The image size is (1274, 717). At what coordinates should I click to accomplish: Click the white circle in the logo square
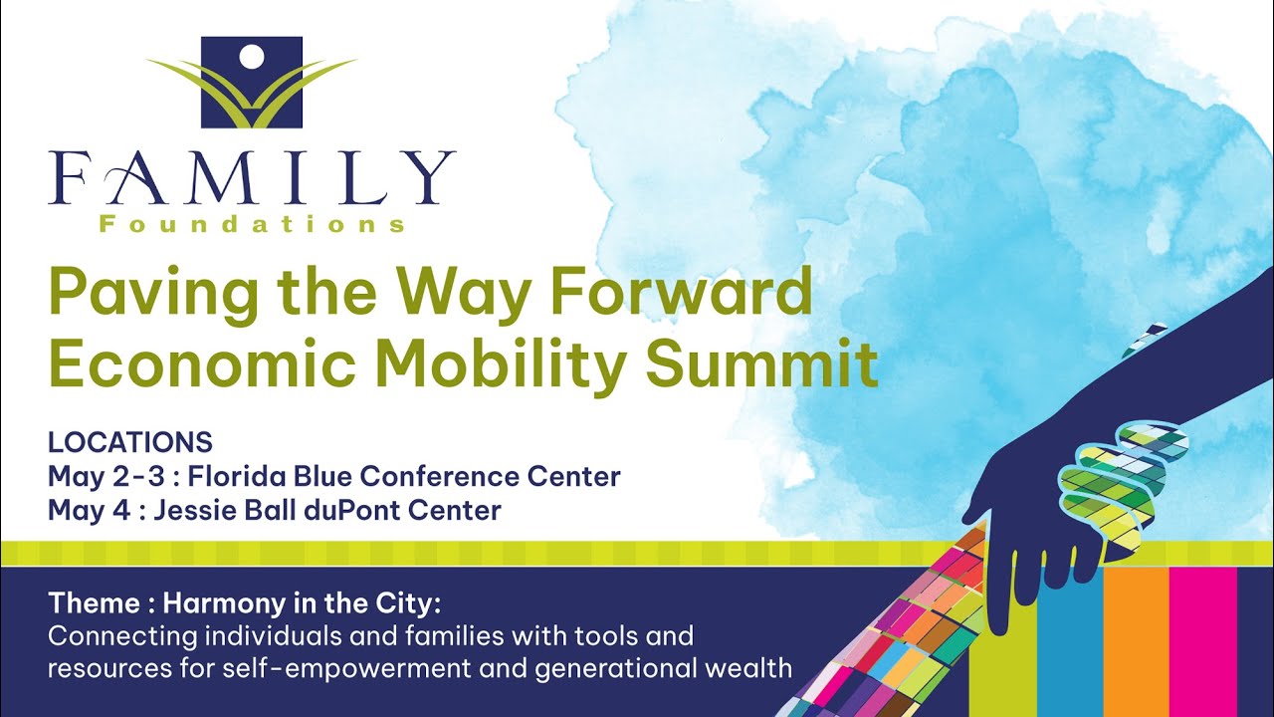(251, 56)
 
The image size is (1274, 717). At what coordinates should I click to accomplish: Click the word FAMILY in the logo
(251, 178)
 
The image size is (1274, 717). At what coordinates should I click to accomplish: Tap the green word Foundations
(251, 224)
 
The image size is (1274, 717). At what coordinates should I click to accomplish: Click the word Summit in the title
(761, 364)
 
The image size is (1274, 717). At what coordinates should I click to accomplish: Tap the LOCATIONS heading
(130, 442)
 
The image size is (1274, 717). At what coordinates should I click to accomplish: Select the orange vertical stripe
(1136, 637)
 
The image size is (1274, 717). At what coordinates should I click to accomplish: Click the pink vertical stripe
(1202, 637)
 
